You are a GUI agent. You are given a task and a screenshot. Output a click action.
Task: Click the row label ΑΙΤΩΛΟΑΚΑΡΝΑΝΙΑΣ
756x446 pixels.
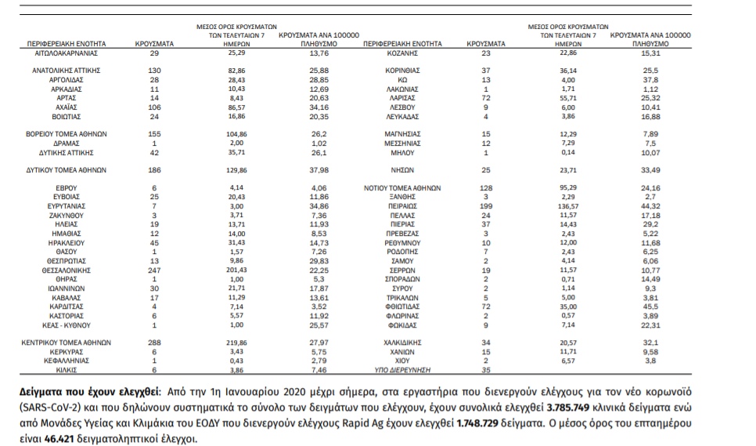(66, 53)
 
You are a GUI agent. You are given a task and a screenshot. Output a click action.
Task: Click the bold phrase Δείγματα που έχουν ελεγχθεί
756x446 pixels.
(88, 390)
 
